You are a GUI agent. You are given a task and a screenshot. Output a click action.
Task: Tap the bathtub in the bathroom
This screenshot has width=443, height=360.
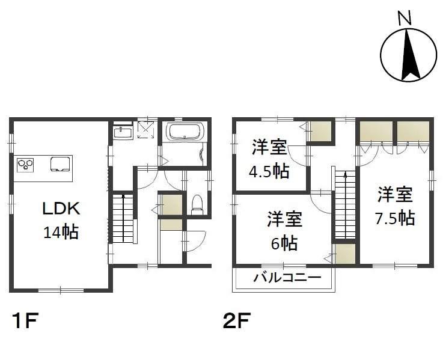coord(185,131)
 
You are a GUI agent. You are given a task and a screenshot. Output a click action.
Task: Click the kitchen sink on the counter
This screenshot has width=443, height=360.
coord(60,164)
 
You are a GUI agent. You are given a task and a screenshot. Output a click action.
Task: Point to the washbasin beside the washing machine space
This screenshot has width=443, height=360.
coord(123,132)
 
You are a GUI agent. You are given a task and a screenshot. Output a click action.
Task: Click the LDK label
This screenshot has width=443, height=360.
coord(61,209)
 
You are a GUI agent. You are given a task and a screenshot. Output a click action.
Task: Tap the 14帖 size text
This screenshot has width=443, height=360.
coord(61,232)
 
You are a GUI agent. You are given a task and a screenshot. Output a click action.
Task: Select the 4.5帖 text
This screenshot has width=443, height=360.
coord(269,171)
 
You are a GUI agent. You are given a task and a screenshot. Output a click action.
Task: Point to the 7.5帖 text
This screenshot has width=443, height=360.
coord(395,218)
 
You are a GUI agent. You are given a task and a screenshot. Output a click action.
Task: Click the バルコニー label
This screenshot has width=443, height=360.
coord(287,278)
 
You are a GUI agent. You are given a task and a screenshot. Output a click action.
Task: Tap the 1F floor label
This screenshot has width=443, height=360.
coord(25,321)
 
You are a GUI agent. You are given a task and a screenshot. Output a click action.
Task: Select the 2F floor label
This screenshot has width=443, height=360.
coord(237,321)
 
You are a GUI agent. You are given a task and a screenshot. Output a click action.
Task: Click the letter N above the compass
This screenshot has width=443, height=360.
coord(405,18)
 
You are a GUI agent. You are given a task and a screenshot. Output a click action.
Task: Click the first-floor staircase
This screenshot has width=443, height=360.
coord(123,218)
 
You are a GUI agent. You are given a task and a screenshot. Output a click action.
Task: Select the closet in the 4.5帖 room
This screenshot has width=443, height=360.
coord(320,131)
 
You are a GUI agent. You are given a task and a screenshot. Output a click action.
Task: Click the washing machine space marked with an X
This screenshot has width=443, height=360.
coord(146,130)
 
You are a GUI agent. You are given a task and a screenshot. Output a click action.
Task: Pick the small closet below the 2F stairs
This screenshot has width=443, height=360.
coord(345,254)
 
